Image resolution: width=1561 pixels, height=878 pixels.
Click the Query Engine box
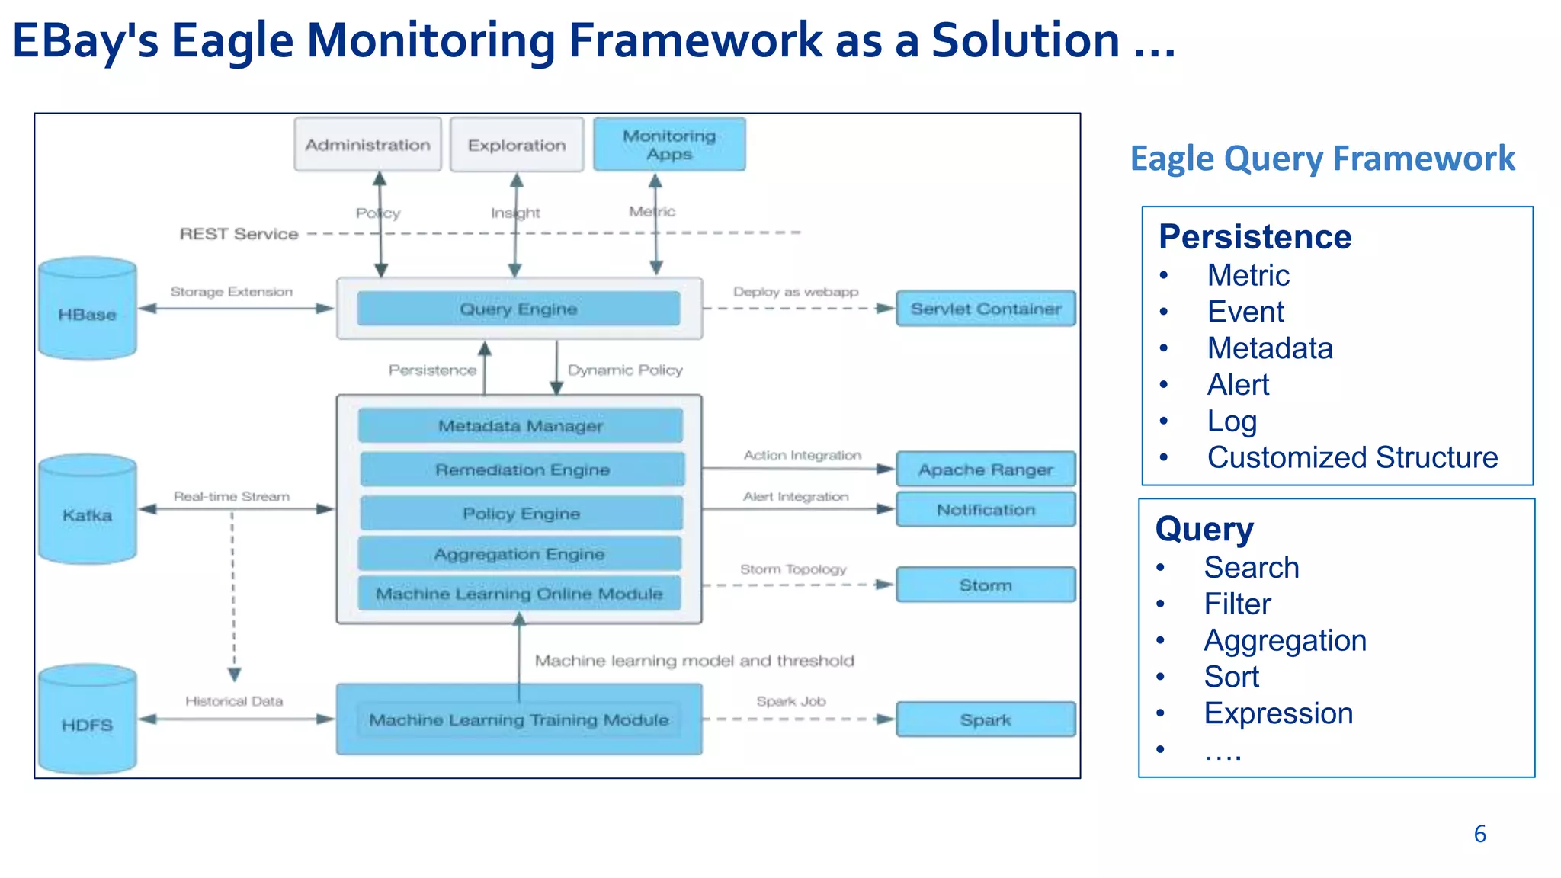pos(518,309)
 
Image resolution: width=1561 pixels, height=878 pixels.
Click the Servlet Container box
pos(986,309)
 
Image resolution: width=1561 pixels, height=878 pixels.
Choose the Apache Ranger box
pos(986,469)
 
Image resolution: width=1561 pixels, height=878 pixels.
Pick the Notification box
pos(986,509)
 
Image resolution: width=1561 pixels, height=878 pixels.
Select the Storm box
pos(986,585)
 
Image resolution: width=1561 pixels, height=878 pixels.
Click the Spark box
pos(986,719)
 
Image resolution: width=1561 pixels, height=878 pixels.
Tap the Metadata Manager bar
pos(521,425)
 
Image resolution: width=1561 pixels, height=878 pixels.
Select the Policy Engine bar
pos(521,513)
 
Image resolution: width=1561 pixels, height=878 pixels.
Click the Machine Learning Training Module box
pos(519,719)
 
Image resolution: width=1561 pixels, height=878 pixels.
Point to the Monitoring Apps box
pos(669,144)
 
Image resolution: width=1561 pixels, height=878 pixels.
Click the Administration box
pos(367,144)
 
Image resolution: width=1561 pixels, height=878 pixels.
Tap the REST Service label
pos(239,234)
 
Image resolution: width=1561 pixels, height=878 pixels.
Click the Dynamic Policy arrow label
pos(625,370)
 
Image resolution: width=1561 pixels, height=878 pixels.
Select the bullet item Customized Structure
pos(1352,457)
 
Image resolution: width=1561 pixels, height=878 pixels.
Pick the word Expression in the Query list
pos(1278,713)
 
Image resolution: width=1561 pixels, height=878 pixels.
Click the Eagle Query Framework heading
pos(1322,159)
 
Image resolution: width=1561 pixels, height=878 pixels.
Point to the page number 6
pos(1479,834)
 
